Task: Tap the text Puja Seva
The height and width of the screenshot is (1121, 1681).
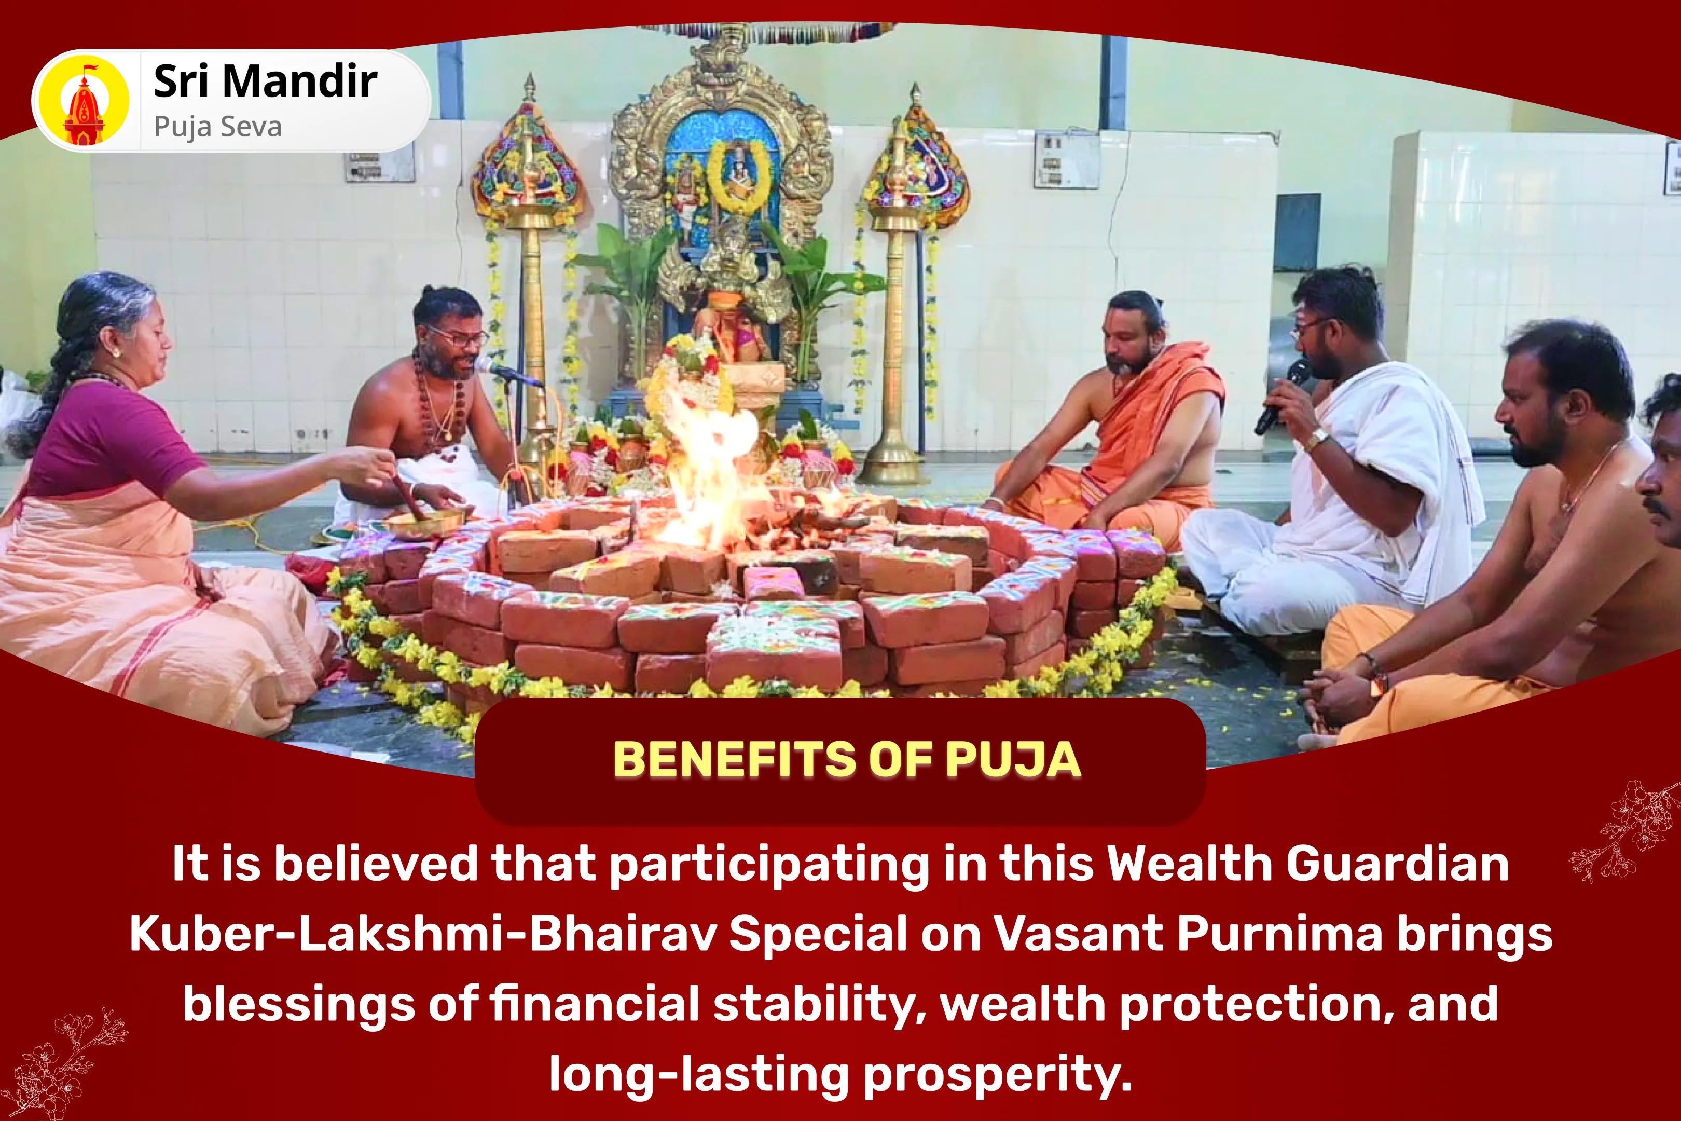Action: coord(217,127)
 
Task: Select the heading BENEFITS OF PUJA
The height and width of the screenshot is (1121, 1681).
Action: coord(846,759)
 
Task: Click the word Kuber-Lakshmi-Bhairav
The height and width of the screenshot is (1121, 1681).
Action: coord(422,934)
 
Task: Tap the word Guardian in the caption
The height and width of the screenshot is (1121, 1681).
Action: coord(1397,864)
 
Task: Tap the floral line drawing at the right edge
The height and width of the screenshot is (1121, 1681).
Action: coord(1626,833)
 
